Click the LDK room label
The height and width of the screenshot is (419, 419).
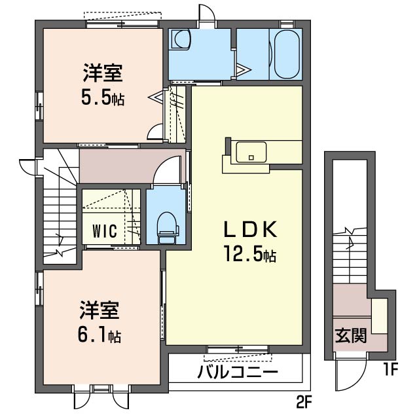coord(250,230)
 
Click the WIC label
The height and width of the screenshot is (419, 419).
coord(105,231)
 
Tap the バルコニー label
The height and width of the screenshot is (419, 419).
coord(238,372)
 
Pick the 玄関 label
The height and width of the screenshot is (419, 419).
coord(351,335)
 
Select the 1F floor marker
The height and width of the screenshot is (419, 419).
coord(391,369)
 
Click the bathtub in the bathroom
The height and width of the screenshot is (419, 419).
coord(287,54)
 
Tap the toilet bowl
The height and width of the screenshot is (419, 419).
coord(167,228)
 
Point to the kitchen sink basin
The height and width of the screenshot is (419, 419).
coord(251,152)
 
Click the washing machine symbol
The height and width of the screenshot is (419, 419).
coord(181,39)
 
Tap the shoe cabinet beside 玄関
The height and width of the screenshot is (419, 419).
coord(380,316)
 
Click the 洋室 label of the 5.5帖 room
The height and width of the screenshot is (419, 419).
coord(103,73)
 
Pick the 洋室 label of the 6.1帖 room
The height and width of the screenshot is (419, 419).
coord(99,310)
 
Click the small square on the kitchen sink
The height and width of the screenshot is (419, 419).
coord(251,158)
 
